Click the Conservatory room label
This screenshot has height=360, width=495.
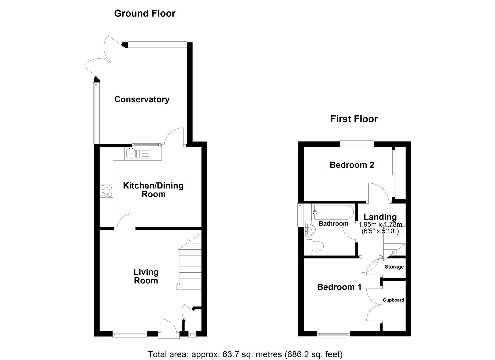pyautogui.click(x=142, y=99)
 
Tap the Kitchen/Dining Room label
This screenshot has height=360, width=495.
pyautogui.click(x=153, y=190)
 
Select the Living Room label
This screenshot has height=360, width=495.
pyautogui.click(x=146, y=276)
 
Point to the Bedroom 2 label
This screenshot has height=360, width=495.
pyautogui.click(x=352, y=165)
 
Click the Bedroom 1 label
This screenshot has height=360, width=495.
pyautogui.click(x=339, y=287)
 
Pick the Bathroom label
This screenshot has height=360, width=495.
pyautogui.click(x=333, y=224)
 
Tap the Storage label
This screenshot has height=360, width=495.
pyautogui.click(x=394, y=267)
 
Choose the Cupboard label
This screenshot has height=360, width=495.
pyautogui.click(x=393, y=300)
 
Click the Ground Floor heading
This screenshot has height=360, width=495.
pyautogui.click(x=145, y=13)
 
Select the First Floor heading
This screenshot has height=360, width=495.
pyautogui.click(x=354, y=119)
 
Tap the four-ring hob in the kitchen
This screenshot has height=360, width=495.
pyautogui.click(x=106, y=191)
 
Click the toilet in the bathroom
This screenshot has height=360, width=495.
pyautogui.click(x=315, y=247)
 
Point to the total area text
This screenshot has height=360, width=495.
pyautogui.click(x=245, y=354)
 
